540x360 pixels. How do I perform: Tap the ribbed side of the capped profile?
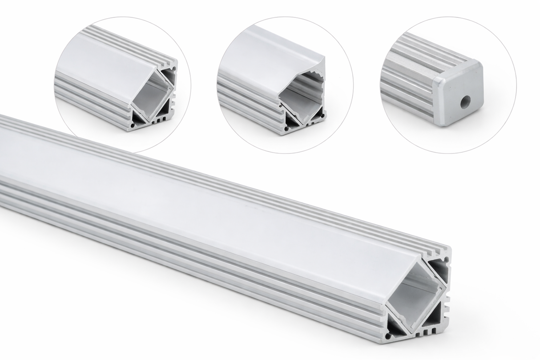409,85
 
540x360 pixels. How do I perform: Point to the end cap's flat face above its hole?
460,85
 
